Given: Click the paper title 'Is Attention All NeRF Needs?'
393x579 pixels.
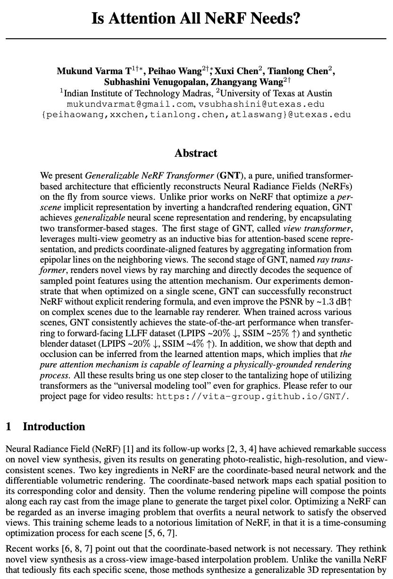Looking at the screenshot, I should (196, 19).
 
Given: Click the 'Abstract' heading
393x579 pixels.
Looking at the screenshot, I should (196, 153).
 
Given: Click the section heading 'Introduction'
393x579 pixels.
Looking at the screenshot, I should (54, 427).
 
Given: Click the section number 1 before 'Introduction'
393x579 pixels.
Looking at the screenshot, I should (8, 427).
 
